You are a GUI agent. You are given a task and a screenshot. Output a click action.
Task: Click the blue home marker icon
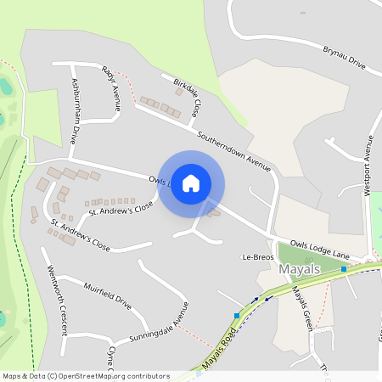[x=191, y=183]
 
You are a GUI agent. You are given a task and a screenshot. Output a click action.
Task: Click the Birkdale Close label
[x=188, y=97]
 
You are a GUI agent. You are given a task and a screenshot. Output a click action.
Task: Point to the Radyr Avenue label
[x=111, y=88]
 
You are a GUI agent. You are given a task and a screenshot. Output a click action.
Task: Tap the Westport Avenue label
[x=368, y=166]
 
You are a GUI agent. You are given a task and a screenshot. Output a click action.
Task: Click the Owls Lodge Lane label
[x=319, y=247]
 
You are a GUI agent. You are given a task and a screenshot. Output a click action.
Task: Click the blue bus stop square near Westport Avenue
[x=344, y=269]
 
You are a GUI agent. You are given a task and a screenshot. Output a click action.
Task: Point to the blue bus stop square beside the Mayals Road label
[x=237, y=316]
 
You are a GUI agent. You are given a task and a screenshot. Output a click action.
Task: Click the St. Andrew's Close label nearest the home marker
[x=121, y=207]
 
